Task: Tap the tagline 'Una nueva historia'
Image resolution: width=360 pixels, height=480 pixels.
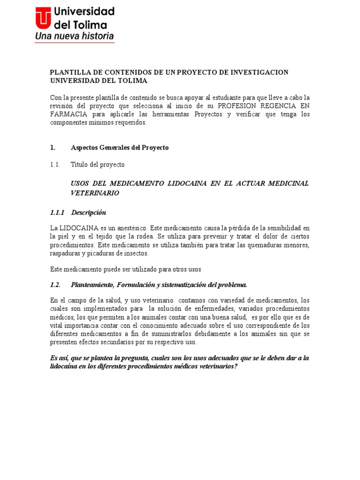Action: point(75,36)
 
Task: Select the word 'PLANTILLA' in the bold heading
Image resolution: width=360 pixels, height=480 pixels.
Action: point(69,72)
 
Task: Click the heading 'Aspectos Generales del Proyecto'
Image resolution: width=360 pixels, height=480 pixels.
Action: point(120,148)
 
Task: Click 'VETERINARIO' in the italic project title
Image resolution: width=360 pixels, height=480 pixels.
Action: point(95,193)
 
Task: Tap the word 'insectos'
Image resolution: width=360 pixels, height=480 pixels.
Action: point(135,253)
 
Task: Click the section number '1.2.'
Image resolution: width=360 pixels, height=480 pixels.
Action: point(56,285)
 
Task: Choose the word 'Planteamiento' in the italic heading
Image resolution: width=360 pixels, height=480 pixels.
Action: point(92,285)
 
